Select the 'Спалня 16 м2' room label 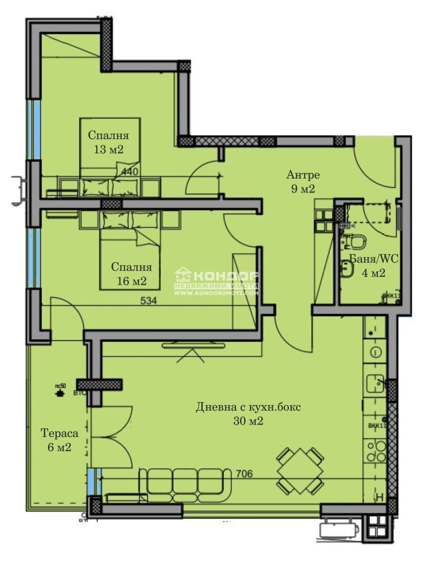click(x=132, y=274)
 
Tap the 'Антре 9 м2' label click(x=303, y=182)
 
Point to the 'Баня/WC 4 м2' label click(x=373, y=266)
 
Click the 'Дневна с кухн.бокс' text click(x=248, y=407)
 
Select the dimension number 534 click(x=148, y=301)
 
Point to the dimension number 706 click(x=245, y=474)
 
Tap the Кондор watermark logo click(x=216, y=282)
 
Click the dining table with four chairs click(x=300, y=470)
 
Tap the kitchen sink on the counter click(x=375, y=383)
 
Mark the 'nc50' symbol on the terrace click(x=59, y=391)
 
